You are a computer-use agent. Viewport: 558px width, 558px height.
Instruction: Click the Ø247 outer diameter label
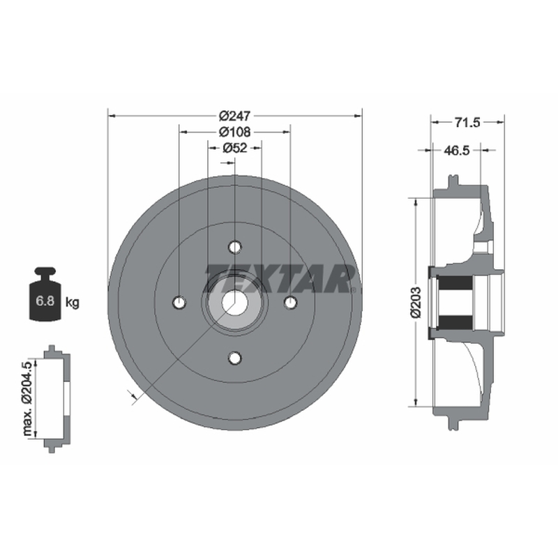[234, 116]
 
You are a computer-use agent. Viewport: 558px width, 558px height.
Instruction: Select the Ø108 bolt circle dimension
[234, 132]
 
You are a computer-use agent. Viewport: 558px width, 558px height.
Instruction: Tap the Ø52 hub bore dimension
[235, 148]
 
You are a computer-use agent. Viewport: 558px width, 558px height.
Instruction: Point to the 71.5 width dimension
[467, 123]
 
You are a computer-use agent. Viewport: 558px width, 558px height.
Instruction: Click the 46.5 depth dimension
[457, 151]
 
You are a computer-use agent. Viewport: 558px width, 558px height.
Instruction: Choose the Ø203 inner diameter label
[416, 302]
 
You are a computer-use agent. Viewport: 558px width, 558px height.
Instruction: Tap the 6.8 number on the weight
[45, 301]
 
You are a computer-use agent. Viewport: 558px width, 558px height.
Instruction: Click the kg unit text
[73, 303]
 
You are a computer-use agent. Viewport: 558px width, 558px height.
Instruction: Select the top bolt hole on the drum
[235, 247]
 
